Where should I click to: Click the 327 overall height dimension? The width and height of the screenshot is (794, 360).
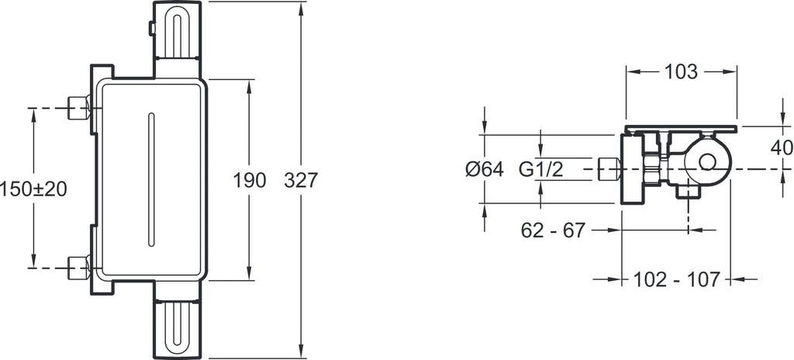click(302, 180)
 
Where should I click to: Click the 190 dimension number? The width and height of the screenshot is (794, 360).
click(250, 180)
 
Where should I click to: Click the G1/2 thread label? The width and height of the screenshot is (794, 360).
click(541, 169)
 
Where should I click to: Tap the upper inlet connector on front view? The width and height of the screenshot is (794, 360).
click(78, 108)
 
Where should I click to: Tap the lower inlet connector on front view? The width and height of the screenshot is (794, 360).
click(78, 267)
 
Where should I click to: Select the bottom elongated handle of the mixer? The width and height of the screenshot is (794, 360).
click(180, 326)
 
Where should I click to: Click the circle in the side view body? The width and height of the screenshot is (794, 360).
click(707, 162)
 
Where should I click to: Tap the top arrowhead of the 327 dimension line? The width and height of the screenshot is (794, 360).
click(302, 5)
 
